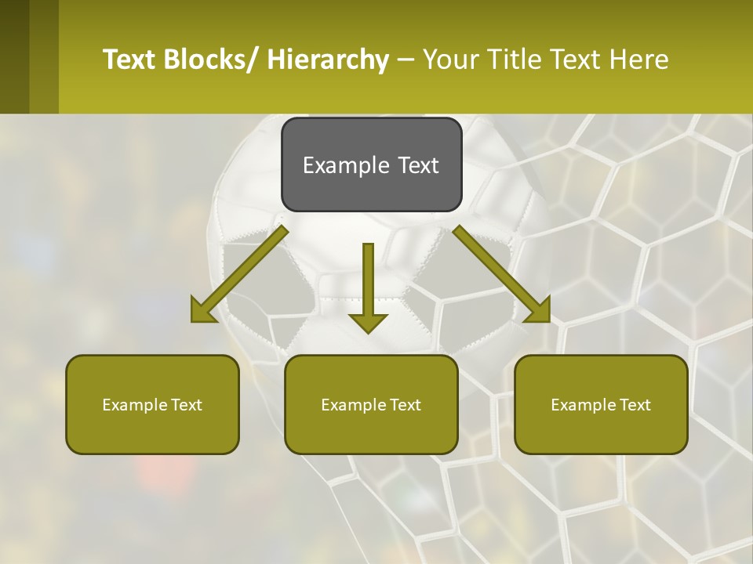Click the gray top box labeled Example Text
click(371, 164)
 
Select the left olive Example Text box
click(152, 404)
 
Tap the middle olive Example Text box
click(371, 404)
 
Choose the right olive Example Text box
click(601, 404)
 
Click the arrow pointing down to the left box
click(243, 271)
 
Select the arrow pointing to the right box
click(499, 271)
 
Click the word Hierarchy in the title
click(328, 60)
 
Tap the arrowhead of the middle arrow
click(368, 322)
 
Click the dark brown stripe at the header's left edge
click(15, 56)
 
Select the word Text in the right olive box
click(635, 404)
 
